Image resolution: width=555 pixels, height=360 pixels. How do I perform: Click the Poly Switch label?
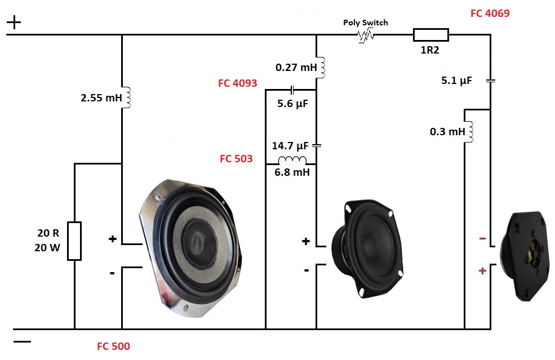pyautogui.click(x=366, y=23)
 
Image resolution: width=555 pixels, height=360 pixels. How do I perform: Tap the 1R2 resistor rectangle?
pyautogui.click(x=431, y=35)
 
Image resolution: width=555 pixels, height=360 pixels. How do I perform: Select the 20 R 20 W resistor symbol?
pyautogui.click(x=74, y=241)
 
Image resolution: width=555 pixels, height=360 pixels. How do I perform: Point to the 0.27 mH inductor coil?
pyautogui.click(x=322, y=68)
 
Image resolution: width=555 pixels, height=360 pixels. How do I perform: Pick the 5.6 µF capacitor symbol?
pyautogui.click(x=292, y=90)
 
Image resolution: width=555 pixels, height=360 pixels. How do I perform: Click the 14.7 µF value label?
pyautogui.click(x=290, y=146)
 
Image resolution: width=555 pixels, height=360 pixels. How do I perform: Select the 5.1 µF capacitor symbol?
pyautogui.click(x=490, y=81)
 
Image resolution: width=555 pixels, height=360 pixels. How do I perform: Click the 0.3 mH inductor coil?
pyautogui.click(x=469, y=131)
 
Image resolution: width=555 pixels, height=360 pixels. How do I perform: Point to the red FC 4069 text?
pyautogui.click(x=490, y=13)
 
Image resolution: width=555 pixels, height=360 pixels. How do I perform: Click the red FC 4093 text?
pyautogui.click(x=237, y=83)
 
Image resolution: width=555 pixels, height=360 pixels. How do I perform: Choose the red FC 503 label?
pyautogui.click(x=236, y=159)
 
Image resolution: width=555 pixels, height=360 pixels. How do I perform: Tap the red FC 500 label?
pyautogui.click(x=113, y=346)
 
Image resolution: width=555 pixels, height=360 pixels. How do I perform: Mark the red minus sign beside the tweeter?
pyautogui.click(x=482, y=239)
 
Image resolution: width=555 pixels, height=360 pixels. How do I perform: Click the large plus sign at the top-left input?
pyautogui.click(x=14, y=23)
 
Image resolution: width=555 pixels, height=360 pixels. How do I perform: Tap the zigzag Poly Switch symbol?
pyautogui.click(x=366, y=35)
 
